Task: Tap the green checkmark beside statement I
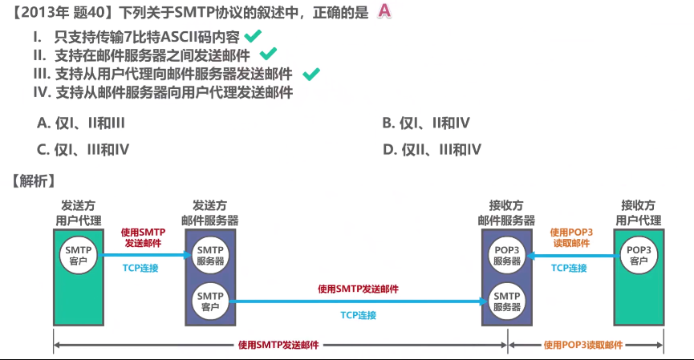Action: (x=253, y=35)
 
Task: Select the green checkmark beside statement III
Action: (x=311, y=74)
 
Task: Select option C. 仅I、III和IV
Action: (x=83, y=149)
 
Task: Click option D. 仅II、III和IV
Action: (x=431, y=149)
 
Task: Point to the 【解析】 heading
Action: (x=31, y=180)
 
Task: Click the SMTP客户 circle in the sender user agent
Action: (x=79, y=254)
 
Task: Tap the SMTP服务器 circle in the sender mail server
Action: (x=211, y=254)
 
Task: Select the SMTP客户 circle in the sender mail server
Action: (x=211, y=301)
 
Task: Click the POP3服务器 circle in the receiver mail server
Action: (x=507, y=254)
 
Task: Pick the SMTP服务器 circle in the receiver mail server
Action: (x=507, y=301)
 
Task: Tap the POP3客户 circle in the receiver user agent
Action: (x=639, y=254)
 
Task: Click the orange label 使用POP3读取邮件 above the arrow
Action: (x=571, y=237)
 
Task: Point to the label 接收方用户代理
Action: (x=639, y=212)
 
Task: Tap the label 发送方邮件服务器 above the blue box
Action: (x=210, y=212)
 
